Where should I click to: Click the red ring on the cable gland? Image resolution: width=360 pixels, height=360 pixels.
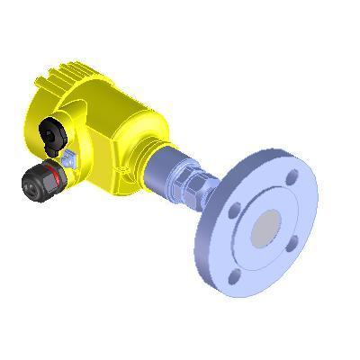tap(60, 173)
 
